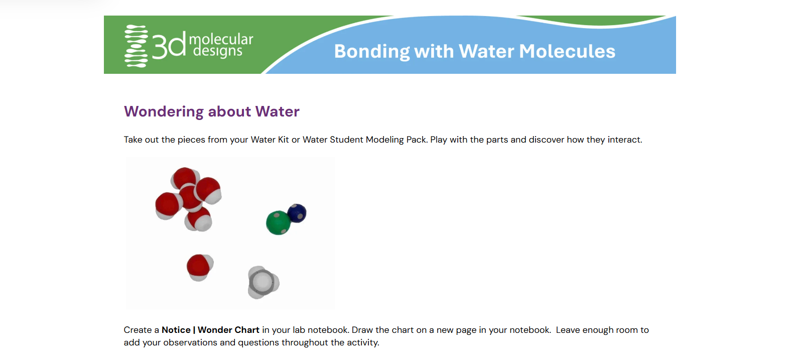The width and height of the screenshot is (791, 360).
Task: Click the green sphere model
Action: coord(278,222)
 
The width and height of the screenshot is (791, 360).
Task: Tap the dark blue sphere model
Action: coord(297,213)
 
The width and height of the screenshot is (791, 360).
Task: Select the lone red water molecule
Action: coord(200,267)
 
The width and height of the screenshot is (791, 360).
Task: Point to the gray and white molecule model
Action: coord(263,282)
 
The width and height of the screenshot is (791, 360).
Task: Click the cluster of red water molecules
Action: coord(189,199)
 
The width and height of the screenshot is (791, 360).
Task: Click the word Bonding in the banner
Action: coord(371,52)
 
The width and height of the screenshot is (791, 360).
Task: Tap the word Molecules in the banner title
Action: coord(567,51)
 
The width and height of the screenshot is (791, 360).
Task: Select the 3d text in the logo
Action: coord(169,45)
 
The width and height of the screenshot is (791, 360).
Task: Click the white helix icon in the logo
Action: coord(136,46)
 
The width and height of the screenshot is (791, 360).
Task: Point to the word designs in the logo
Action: coord(217,51)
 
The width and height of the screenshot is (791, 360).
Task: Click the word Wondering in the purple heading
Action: coord(164,111)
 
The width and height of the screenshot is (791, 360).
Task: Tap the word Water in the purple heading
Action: coord(277,111)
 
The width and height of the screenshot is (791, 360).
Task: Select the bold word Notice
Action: coord(176,330)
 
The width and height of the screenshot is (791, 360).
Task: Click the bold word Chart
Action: coord(247,330)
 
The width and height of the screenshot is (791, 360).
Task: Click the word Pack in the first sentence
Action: coord(417,140)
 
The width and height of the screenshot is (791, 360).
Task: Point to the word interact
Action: coord(625,140)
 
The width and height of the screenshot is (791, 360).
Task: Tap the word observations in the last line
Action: coord(190,343)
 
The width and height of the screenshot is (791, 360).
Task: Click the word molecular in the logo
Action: coord(221,39)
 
